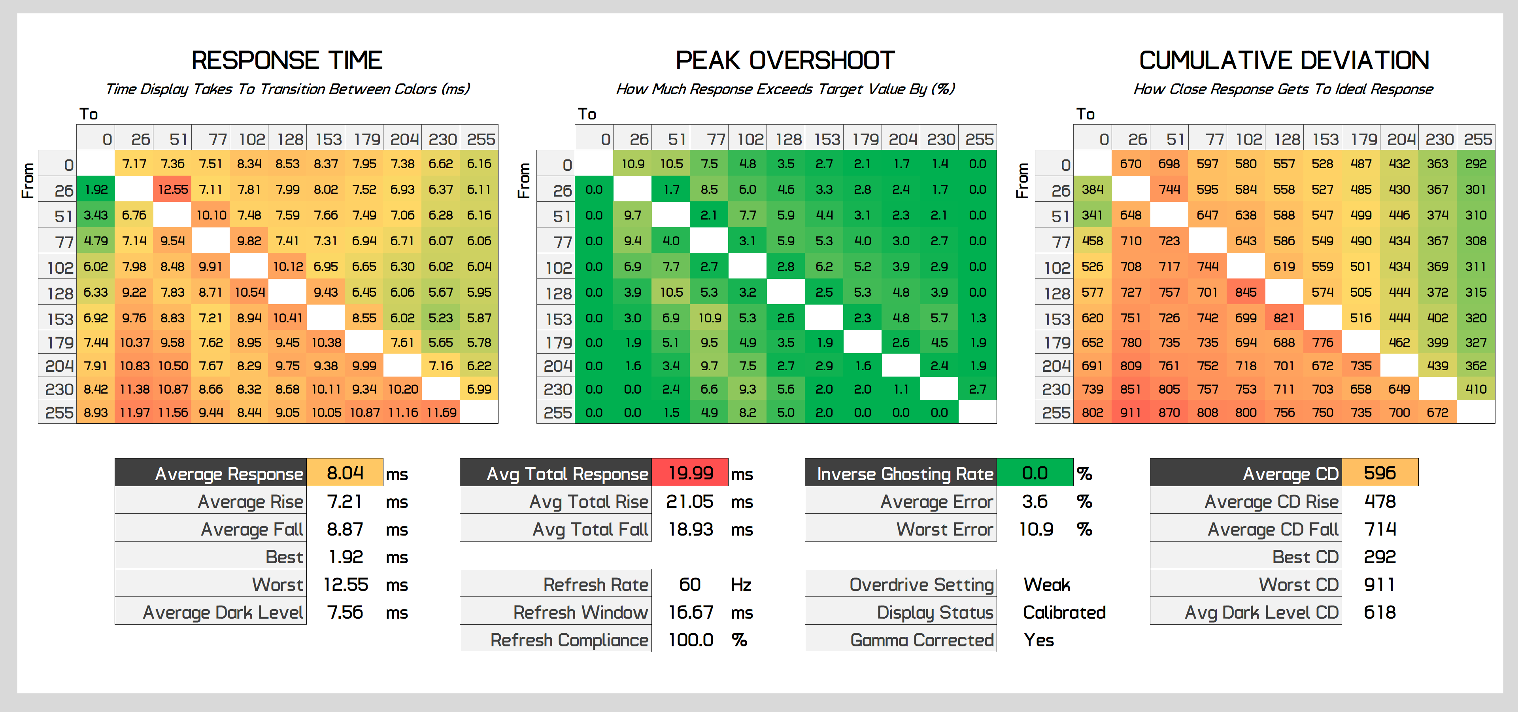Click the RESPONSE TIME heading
pyautogui.click(x=287, y=60)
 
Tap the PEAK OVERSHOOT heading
pyautogui.click(x=785, y=60)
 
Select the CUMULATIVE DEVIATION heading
pyautogui.click(x=1284, y=60)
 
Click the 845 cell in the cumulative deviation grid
pyautogui.click(x=1246, y=292)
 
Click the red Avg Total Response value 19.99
pyautogui.click(x=691, y=473)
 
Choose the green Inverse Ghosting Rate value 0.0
pyautogui.click(x=1035, y=473)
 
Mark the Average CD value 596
pyautogui.click(x=1380, y=473)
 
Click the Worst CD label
pyautogui.click(x=1299, y=584)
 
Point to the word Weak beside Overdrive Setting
pyautogui.click(x=1046, y=584)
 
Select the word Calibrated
pyautogui.click(x=1064, y=612)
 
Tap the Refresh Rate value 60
pyautogui.click(x=690, y=584)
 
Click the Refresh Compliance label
pyautogui.click(x=569, y=640)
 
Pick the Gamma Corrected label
pyautogui.click(x=921, y=640)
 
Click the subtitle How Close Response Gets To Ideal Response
pyautogui.click(x=1284, y=89)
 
